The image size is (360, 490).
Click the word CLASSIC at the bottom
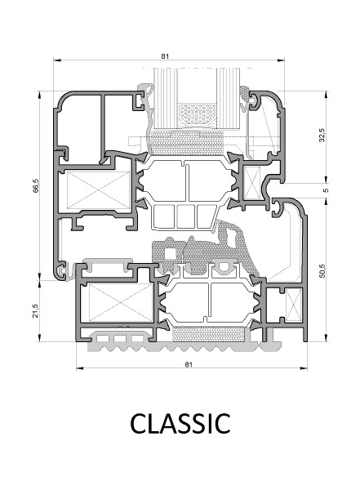pyautogui.click(x=180, y=423)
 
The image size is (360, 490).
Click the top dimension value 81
pyautogui.click(x=165, y=56)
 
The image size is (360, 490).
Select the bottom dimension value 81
pyautogui.click(x=189, y=364)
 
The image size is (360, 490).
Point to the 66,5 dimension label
pyautogui.click(x=36, y=185)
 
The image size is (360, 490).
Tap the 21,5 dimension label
pyautogui.click(x=36, y=311)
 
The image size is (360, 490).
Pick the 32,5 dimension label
pyautogui.click(x=322, y=135)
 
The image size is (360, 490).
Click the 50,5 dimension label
pyautogui.click(x=322, y=270)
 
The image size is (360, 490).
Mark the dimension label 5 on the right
pyautogui.click(x=327, y=190)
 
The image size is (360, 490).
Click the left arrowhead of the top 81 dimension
pyautogui.click(x=57, y=59)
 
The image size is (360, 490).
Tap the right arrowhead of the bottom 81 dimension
pyautogui.click(x=304, y=368)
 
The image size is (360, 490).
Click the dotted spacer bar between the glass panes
pyautogui.click(x=197, y=114)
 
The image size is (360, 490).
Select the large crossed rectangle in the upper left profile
pyautogui.click(x=99, y=190)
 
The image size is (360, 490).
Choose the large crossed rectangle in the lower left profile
pyautogui.click(x=121, y=302)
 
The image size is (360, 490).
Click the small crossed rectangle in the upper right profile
pyautogui.click(x=252, y=183)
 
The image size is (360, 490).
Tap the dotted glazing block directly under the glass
pyautogui.click(x=187, y=143)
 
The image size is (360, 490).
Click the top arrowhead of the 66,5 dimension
pyautogui.click(x=40, y=95)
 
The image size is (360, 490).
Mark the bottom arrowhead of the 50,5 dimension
pyautogui.click(x=327, y=338)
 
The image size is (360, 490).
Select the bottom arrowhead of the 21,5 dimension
pyautogui.click(x=40, y=338)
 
